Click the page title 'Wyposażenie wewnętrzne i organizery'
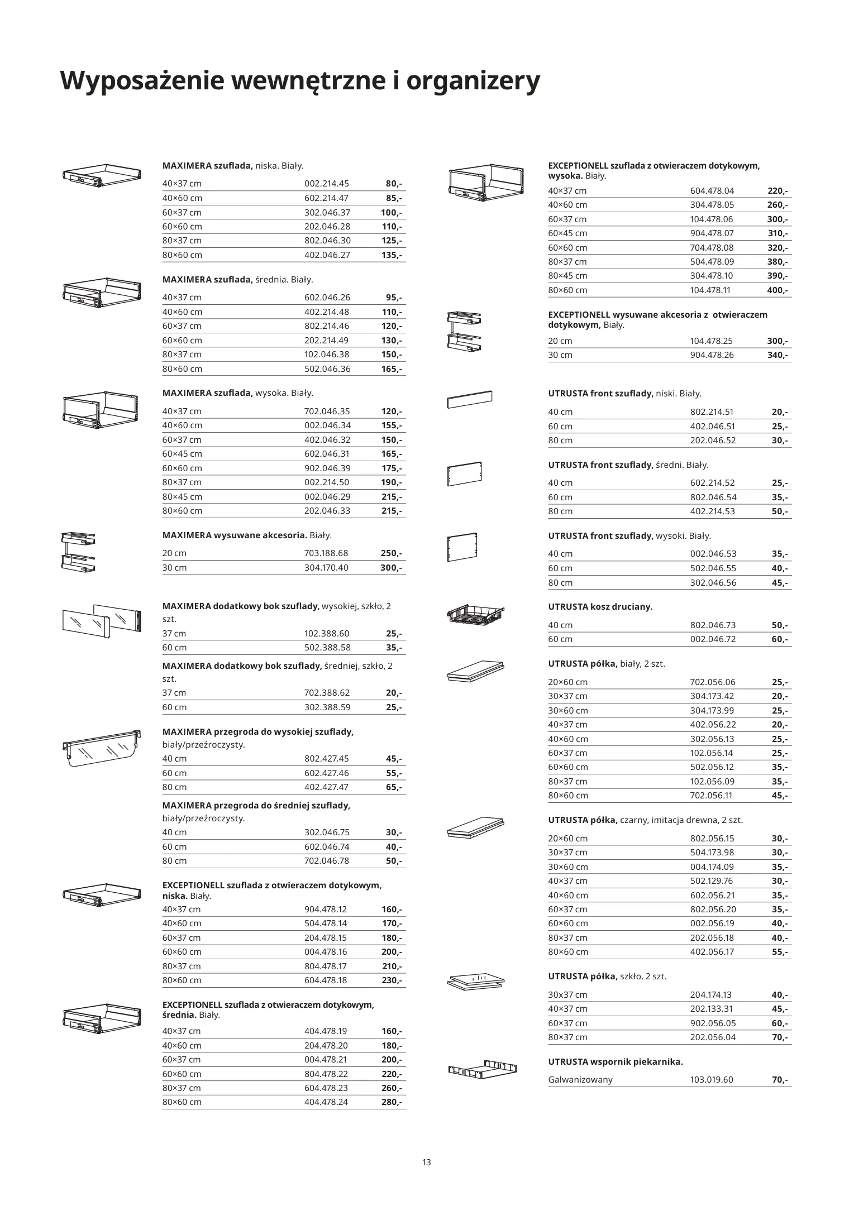coord(300,81)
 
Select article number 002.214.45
coord(326,184)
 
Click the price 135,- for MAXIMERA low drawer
coord(392,255)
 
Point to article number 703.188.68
coord(326,553)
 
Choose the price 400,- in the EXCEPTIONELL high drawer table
coord(777,290)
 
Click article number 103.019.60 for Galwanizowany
coord(712,1080)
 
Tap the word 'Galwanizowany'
coord(580,1080)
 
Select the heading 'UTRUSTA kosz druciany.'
coord(600,607)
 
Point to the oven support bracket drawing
coord(483,1070)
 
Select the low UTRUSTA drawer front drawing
coord(470,399)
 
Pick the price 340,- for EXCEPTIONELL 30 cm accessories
coord(777,356)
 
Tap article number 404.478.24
coord(326,1102)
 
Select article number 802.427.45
coord(326,759)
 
